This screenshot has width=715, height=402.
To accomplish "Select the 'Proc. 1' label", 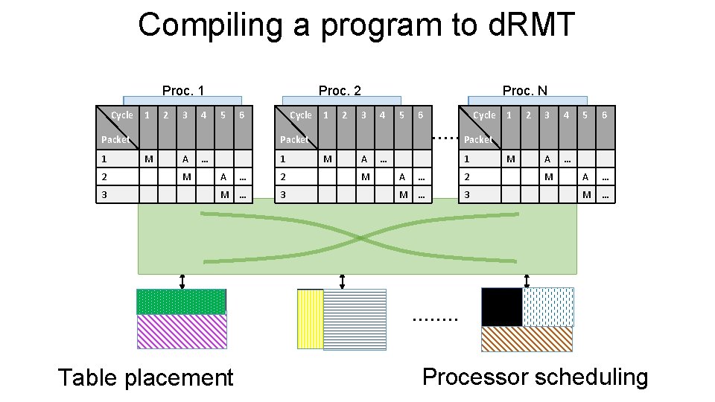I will click(183, 91).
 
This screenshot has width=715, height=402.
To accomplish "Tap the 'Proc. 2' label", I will click(340, 91).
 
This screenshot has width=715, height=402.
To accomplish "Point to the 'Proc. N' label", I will click(524, 91).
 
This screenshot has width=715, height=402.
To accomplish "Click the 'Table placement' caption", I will click(145, 377).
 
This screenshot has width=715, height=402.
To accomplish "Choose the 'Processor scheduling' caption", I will click(535, 377).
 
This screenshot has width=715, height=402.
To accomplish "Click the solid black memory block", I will click(501, 307).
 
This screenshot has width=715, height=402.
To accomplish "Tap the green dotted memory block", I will click(181, 301).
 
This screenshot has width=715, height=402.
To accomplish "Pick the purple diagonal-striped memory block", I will click(181, 331).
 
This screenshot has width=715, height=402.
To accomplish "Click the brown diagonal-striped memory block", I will click(527, 339).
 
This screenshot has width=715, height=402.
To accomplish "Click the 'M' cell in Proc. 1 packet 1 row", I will click(148, 159).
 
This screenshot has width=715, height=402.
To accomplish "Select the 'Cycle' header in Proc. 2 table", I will click(301, 115).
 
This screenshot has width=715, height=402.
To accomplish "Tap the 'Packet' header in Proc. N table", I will click(478, 139).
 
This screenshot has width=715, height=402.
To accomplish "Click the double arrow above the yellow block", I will click(342, 281).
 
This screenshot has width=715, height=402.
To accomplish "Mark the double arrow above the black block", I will click(527, 281).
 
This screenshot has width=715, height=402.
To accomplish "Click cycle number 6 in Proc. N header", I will click(604, 115).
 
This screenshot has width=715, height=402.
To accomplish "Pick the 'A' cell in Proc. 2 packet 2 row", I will click(402, 177).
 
